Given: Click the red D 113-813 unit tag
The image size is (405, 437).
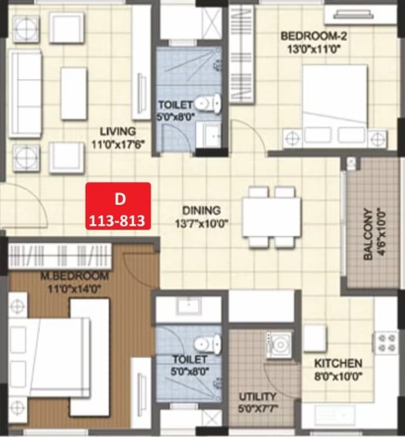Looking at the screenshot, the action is (x=118, y=206).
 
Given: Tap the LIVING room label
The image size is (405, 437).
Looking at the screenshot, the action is (x=117, y=131).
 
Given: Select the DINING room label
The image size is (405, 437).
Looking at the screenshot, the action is (x=201, y=210).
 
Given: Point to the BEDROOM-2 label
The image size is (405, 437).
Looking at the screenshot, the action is (x=314, y=36).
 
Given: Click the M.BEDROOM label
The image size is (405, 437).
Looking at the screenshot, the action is (x=74, y=276).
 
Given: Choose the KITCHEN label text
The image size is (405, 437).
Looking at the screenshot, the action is (x=338, y=364).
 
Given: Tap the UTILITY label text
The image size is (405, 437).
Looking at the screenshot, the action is (x=258, y=396).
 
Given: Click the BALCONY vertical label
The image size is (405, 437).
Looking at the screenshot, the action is (x=368, y=234).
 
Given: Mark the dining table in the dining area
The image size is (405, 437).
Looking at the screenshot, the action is (x=272, y=217).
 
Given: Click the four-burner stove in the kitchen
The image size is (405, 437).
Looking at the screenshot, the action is (x=386, y=343).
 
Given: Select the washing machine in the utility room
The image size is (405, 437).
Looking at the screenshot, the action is (x=279, y=345).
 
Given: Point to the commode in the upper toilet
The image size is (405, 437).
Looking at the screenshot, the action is (x=208, y=103).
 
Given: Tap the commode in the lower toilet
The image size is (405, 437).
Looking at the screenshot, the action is (x=207, y=344).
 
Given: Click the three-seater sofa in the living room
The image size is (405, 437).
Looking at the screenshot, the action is (x=25, y=94).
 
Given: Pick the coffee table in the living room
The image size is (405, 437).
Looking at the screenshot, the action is (x=74, y=94).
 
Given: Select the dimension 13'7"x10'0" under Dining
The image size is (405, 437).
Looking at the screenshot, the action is (x=202, y=223).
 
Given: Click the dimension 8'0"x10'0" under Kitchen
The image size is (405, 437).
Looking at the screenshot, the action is (x=338, y=377).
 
